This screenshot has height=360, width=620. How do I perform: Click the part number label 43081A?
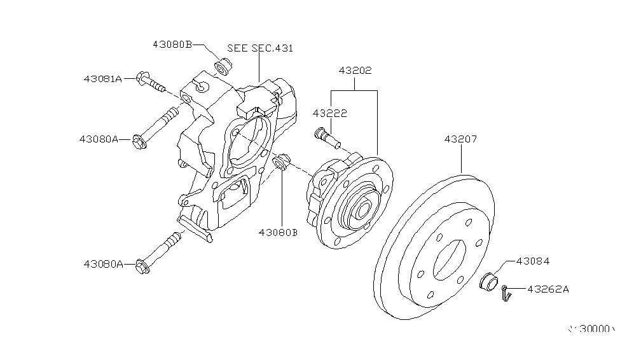coord(102,79)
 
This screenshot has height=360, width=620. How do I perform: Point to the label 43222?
coord(329,113)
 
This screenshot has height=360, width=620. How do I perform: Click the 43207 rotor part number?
coord(460,139)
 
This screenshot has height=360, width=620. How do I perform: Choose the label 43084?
coord(533,260)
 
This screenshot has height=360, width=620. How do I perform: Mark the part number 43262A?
coord(548,289)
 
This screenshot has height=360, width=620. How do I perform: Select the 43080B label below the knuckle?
coord(278,232)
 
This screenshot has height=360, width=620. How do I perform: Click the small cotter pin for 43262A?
coord(505,292)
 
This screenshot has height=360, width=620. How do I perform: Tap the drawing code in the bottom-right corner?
coord(591,329)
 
